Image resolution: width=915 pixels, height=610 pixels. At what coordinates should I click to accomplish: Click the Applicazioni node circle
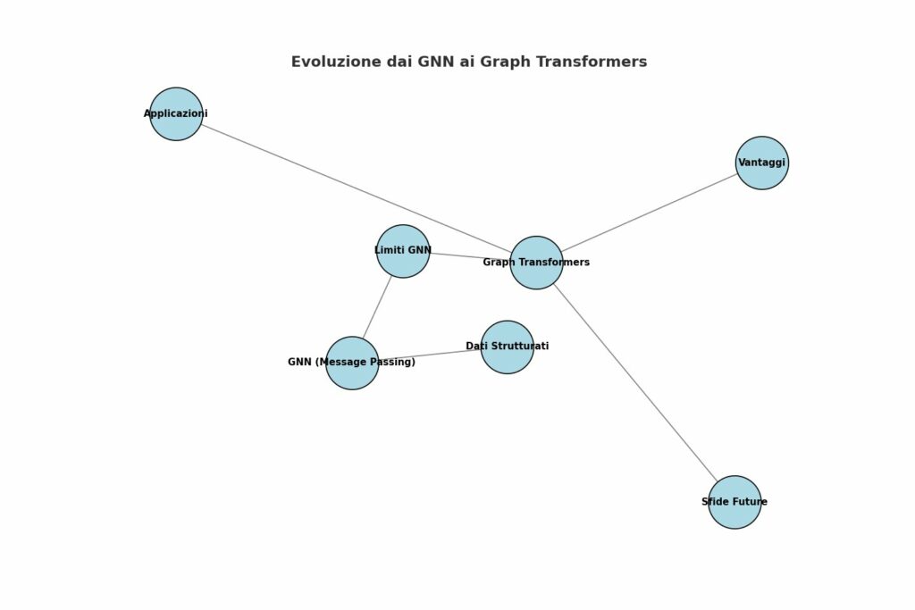tap(176, 113)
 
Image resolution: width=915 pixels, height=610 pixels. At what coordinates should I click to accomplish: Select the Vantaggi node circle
tap(762, 163)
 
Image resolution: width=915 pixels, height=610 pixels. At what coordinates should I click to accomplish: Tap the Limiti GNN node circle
tap(403, 251)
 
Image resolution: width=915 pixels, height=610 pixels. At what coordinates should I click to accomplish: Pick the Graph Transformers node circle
tap(536, 263)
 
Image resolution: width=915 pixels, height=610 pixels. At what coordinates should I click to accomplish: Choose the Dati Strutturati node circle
tap(508, 347)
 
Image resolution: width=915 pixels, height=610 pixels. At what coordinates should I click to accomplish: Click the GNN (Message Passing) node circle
tap(352, 363)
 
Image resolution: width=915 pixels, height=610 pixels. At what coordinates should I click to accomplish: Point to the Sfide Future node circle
tap(735, 502)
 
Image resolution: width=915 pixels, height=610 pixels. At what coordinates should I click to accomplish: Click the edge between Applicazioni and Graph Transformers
tap(356, 188)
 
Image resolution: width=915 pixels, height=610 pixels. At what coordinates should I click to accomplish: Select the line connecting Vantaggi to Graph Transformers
tap(650, 213)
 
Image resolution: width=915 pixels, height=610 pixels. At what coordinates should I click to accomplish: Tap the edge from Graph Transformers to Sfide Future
tap(635, 382)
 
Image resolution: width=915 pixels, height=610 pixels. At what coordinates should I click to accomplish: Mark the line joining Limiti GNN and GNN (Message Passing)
tap(378, 306)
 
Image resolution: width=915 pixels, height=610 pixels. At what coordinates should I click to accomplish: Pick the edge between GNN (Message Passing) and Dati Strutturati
tap(430, 355)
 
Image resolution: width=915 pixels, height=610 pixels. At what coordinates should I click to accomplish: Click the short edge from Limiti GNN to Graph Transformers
tap(470, 256)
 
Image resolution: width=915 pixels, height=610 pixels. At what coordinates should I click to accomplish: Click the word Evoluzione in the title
tap(336, 62)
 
